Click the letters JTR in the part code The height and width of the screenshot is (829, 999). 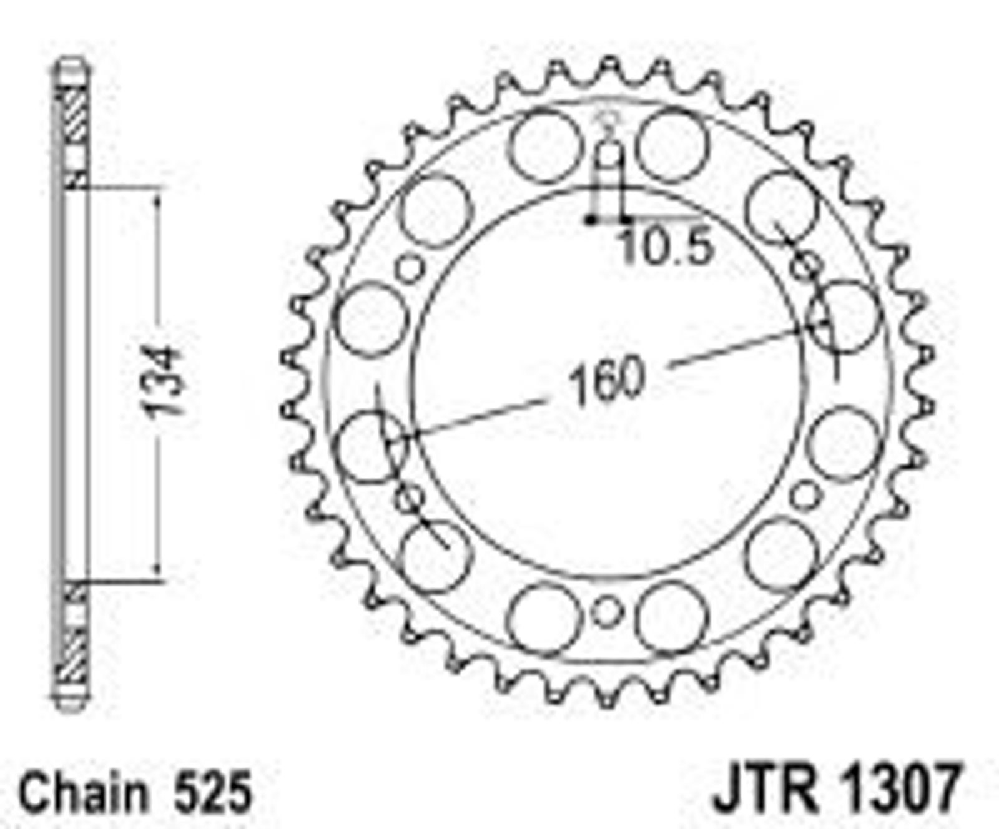click(x=766, y=788)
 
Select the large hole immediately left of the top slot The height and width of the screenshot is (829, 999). click(x=545, y=147)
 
